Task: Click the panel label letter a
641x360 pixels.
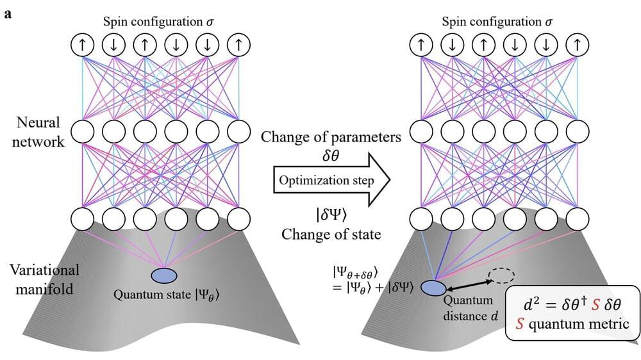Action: [x=8, y=13]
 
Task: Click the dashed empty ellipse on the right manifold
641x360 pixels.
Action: [x=502, y=276]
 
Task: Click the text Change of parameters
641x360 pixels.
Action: [x=330, y=137]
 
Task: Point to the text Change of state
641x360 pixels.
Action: [x=331, y=234]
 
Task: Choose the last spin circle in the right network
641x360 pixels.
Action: [x=579, y=45]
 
